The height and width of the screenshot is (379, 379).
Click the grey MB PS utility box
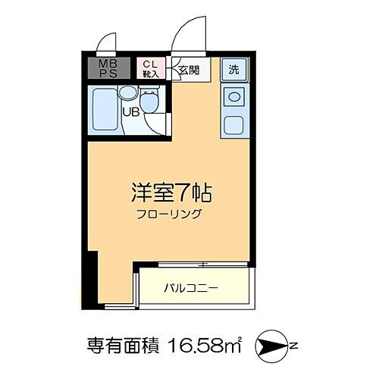tap(105, 68)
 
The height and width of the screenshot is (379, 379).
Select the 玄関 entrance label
tap(188, 70)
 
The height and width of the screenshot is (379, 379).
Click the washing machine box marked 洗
tap(234, 68)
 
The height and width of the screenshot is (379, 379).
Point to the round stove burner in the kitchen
tap(234, 97)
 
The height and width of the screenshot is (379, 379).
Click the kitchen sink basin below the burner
tap(234, 124)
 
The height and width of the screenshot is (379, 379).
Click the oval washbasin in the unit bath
tap(127, 94)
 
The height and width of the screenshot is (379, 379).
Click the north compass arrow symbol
tap(271, 347)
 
